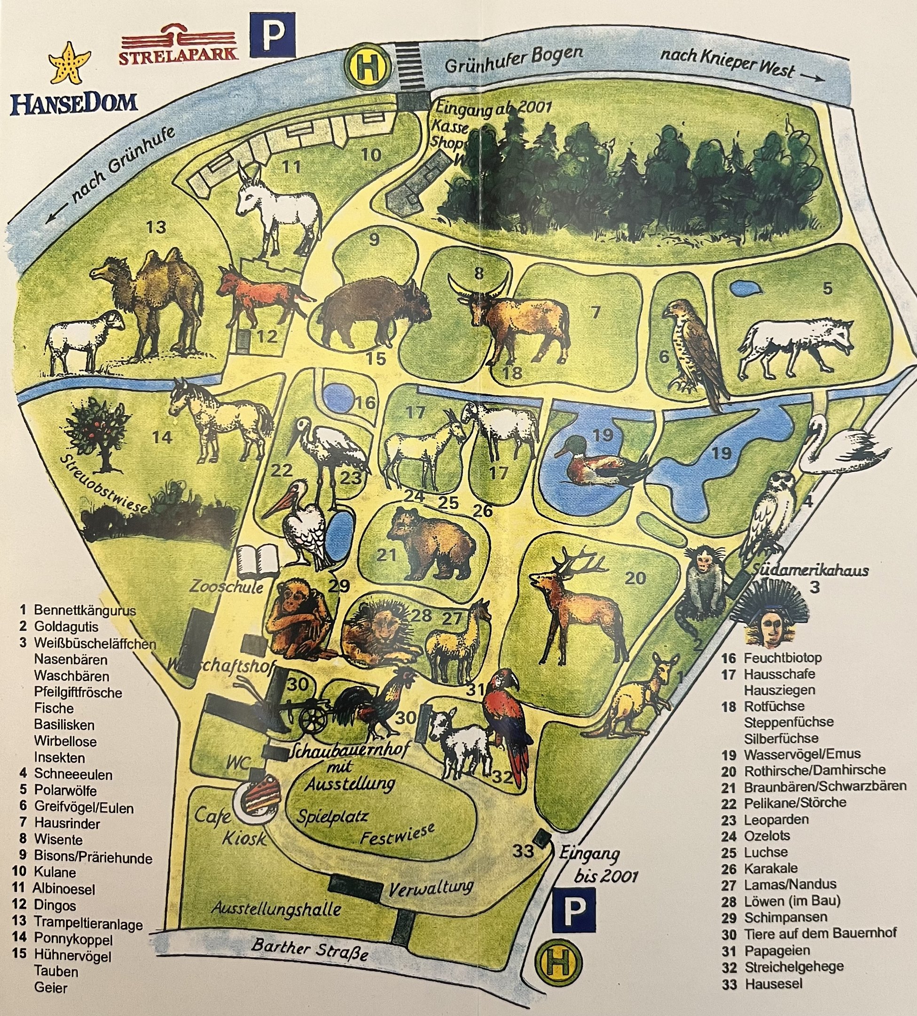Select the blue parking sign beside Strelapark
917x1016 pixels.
pyautogui.click(x=272, y=35)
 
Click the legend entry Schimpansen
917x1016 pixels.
pyautogui.click(x=785, y=918)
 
